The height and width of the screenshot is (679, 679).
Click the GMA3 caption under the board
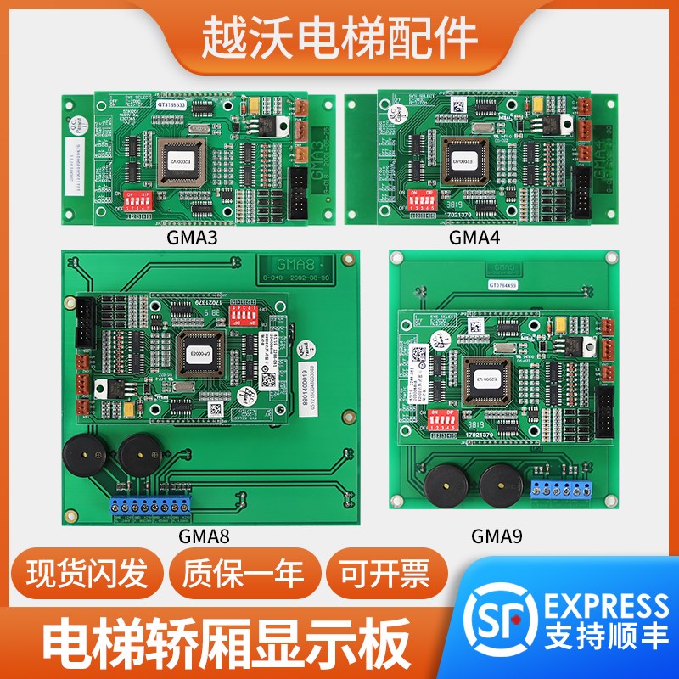coord(194,238)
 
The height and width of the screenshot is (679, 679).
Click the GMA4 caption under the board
coord(474,238)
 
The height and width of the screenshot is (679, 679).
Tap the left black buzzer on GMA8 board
coord(86,459)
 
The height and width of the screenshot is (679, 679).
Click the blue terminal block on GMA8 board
coord(153,502)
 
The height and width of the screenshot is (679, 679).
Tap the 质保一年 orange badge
coord(242,577)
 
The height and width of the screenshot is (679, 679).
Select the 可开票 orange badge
coord(386,577)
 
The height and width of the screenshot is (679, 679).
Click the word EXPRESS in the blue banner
coord(606,606)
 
